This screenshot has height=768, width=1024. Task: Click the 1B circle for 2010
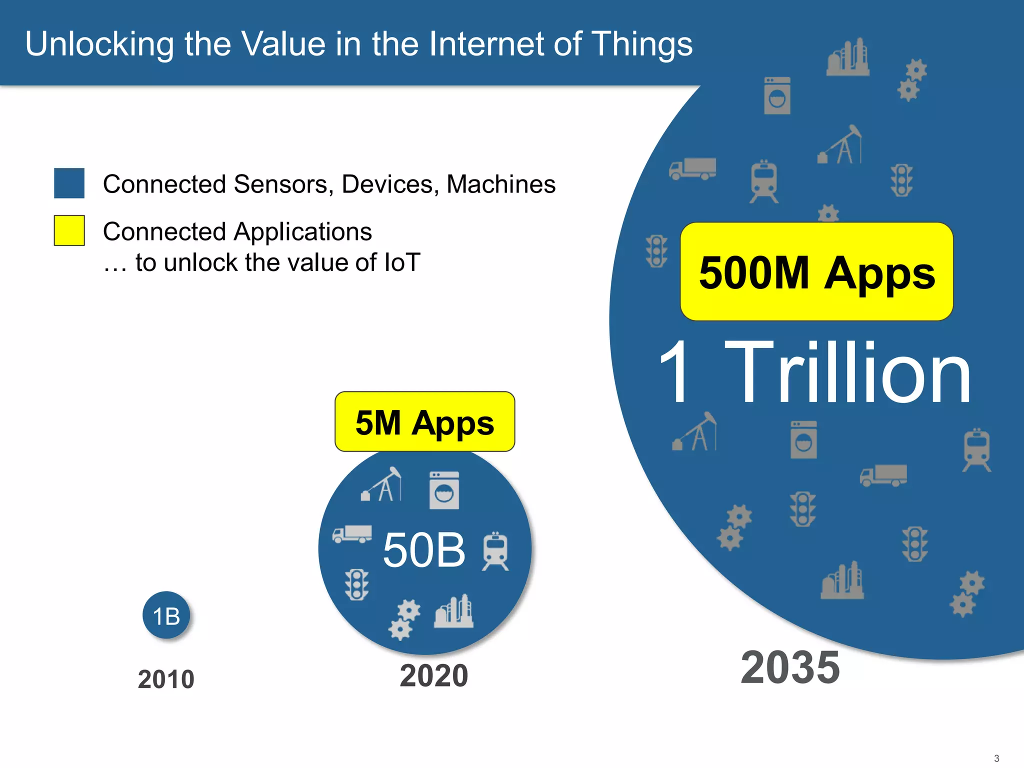(x=166, y=615)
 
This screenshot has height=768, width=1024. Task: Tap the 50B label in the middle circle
(x=424, y=550)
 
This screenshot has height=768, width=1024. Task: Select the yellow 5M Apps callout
(x=424, y=422)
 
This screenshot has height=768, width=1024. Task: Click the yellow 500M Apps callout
(x=816, y=272)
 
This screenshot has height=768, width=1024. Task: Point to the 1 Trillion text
(x=815, y=372)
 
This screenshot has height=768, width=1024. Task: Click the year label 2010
(x=166, y=679)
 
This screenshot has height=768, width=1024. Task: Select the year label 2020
(x=433, y=676)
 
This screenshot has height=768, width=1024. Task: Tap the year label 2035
(x=790, y=667)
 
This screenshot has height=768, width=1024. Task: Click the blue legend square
(x=69, y=183)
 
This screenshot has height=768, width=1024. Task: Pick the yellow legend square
(x=69, y=230)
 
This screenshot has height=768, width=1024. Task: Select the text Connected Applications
(x=237, y=232)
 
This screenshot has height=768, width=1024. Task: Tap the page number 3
(x=996, y=758)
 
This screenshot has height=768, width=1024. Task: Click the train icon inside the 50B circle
(x=495, y=551)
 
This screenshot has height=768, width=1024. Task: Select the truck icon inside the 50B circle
(x=352, y=534)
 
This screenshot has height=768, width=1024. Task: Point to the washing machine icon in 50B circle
(x=444, y=490)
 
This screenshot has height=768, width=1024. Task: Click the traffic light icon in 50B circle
(x=356, y=584)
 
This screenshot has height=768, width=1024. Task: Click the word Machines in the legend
(x=501, y=184)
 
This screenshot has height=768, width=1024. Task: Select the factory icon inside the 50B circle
(x=454, y=611)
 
